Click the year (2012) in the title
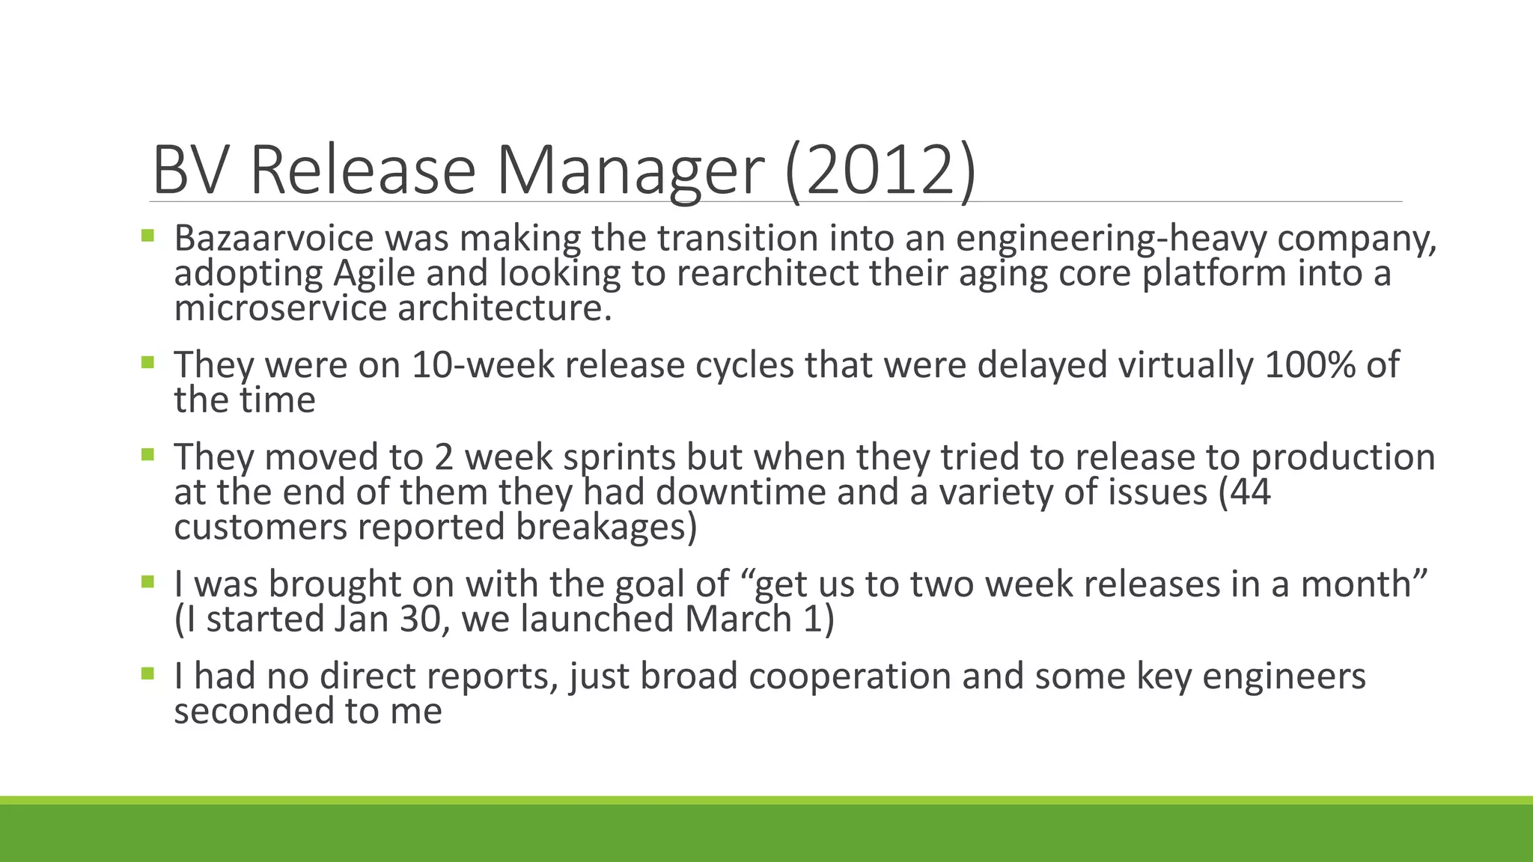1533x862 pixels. point(881,171)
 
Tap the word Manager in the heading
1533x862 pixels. point(630,171)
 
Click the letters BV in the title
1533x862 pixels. point(189,171)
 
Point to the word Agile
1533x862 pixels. point(374,273)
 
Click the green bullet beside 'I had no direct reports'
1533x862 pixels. point(147,673)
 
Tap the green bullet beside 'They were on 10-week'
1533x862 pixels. point(147,363)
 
